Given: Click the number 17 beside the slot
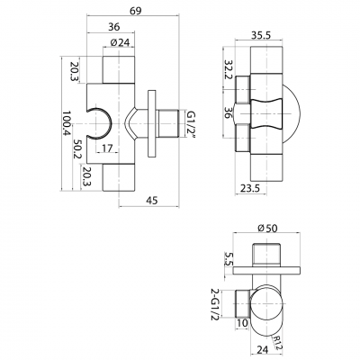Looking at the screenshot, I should click(106, 148).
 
